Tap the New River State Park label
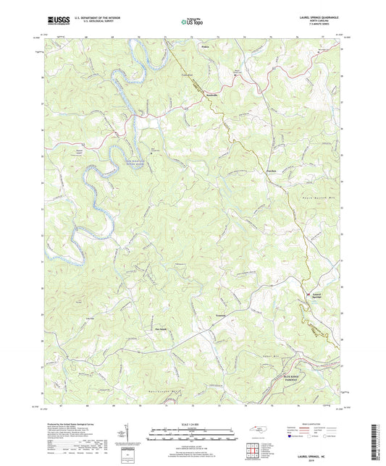tap(138, 163)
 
